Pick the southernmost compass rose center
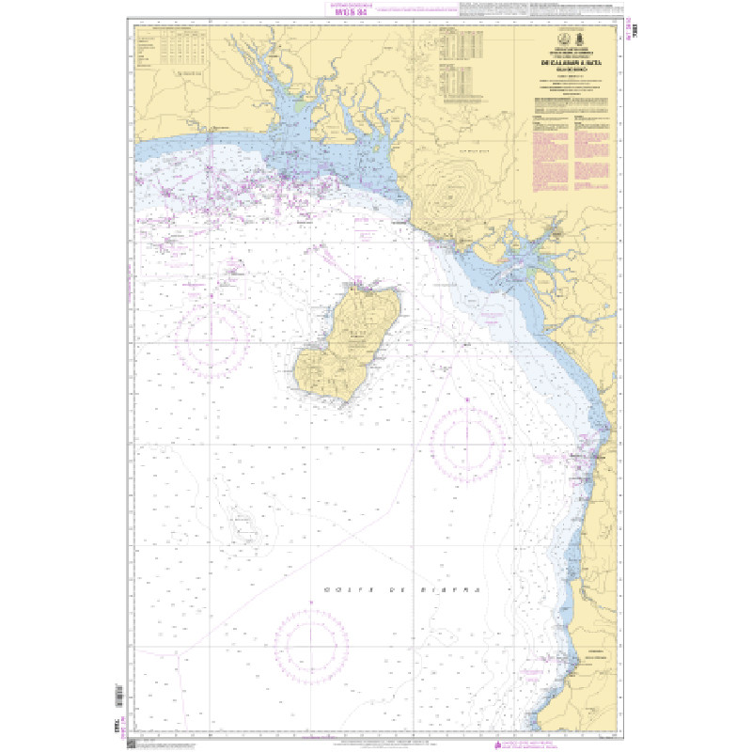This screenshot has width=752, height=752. [x=311, y=641]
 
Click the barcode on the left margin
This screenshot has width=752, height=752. [x=117, y=697]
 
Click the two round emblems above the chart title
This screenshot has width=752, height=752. [x=571, y=39]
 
